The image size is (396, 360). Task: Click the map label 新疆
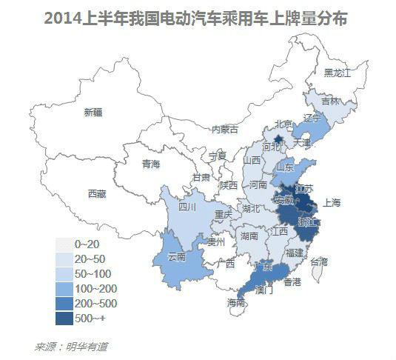click(x=93, y=113)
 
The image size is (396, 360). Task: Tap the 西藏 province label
click(x=97, y=194)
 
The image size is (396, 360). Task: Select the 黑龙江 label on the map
click(x=337, y=73)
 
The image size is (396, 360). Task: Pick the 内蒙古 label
click(x=226, y=129)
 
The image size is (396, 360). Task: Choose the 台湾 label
click(x=319, y=261)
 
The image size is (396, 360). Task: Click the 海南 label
click(x=236, y=303)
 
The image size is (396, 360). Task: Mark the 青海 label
click(x=151, y=164)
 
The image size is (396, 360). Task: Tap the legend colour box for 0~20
click(x=67, y=244)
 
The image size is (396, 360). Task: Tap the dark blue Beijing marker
click(x=278, y=138)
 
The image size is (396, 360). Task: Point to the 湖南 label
click(x=249, y=236)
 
